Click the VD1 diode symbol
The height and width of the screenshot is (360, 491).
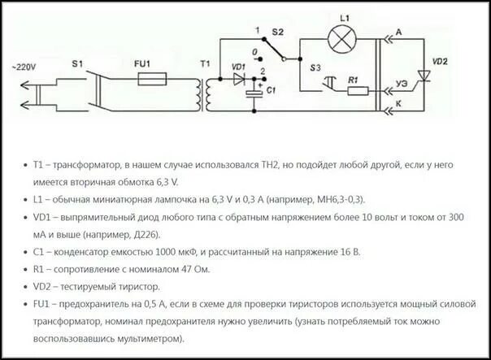240,79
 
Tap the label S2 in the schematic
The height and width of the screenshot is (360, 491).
277,32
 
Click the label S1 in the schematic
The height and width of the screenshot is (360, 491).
80,63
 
